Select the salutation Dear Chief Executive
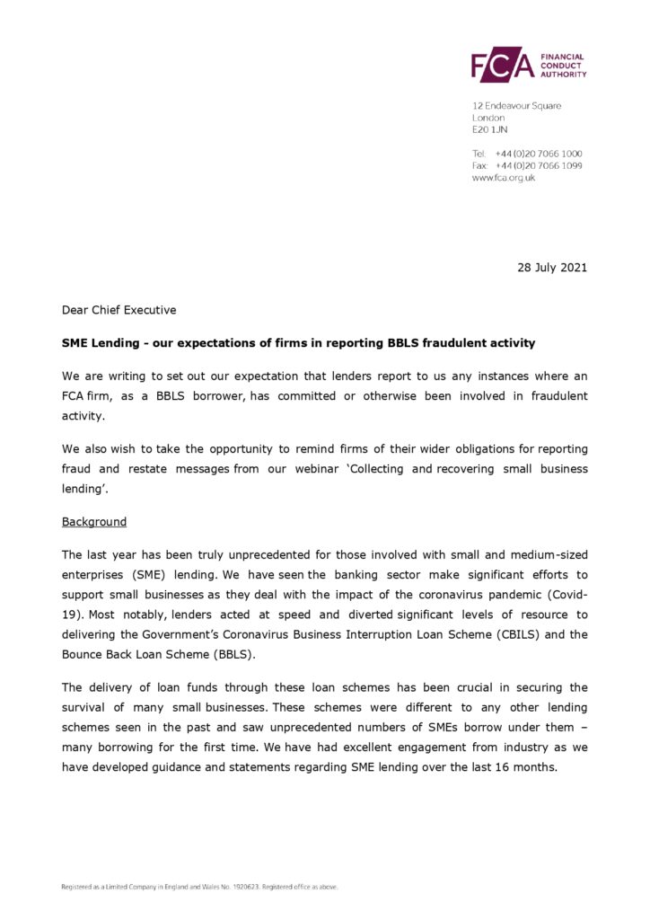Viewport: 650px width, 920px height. point(119,310)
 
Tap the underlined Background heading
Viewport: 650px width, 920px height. point(94,521)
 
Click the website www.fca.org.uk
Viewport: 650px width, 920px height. point(503,178)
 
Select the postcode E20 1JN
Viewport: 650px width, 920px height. point(489,129)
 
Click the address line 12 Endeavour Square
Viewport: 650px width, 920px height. point(516,106)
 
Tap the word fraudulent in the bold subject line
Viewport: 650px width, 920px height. point(472,342)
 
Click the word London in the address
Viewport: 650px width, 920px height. point(488,118)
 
